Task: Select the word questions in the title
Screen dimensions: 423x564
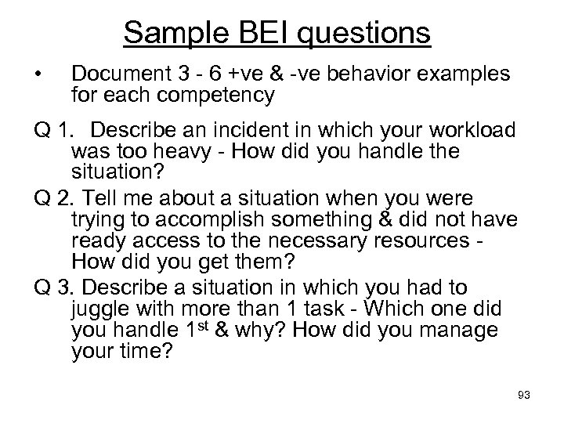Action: (x=363, y=34)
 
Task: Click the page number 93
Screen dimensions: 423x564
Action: (x=523, y=395)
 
